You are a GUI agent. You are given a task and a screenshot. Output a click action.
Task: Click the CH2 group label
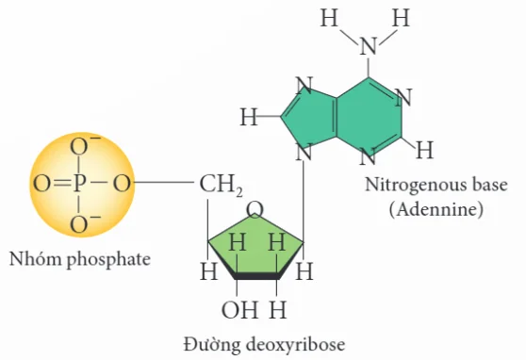tap(221, 186)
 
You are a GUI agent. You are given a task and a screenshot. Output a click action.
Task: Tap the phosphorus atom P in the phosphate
tap(79, 184)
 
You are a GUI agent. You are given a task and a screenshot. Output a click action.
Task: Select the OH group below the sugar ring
tap(239, 309)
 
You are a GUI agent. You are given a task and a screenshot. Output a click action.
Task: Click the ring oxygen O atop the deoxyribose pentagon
tap(255, 210)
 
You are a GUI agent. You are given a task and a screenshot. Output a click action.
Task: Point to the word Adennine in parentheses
tap(436, 210)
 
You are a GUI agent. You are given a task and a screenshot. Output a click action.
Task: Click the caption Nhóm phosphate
tap(80, 259)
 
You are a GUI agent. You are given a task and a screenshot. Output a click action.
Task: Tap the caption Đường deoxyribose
tap(264, 345)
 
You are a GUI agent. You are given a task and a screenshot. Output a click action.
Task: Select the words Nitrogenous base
tap(436, 185)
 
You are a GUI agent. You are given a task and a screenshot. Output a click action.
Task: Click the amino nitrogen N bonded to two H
tap(369, 46)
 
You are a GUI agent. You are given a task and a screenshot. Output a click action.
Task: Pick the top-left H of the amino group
tap(329, 18)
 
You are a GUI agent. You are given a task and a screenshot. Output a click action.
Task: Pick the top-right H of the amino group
tap(401, 18)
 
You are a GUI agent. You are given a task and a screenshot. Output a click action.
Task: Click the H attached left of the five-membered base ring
tap(249, 117)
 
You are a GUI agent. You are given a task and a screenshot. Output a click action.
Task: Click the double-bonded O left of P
tap(41, 184)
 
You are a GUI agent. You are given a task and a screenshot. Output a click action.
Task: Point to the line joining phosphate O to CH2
tap(164, 183)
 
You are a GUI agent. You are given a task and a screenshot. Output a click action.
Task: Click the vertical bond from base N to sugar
tap(304, 202)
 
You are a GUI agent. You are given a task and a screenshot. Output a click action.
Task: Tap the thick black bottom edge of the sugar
tap(256, 276)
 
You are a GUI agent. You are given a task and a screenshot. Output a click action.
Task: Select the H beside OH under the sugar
tap(277, 309)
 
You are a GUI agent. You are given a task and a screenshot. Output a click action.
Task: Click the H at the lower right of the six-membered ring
tap(425, 150)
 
